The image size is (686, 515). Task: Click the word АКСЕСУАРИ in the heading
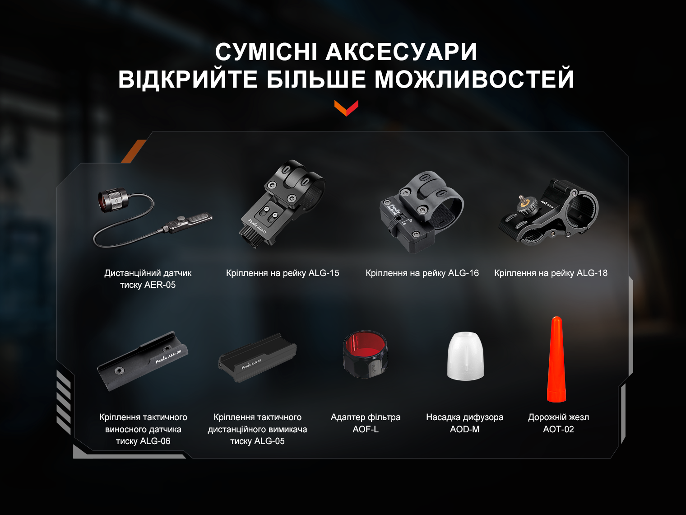(401, 52)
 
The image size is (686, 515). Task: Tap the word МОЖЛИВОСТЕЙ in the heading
(474, 80)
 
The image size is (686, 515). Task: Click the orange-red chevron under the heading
(346, 108)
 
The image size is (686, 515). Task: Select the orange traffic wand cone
(556, 360)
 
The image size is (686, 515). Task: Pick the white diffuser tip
(465, 356)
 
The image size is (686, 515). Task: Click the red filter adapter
(366, 354)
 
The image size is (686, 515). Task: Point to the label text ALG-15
(324, 273)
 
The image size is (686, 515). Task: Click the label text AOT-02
(558, 429)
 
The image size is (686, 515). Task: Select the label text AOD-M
(465, 429)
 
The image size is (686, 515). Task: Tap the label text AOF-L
(366, 429)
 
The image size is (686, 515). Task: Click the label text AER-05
(160, 285)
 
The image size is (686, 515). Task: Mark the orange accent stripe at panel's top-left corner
(134, 151)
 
